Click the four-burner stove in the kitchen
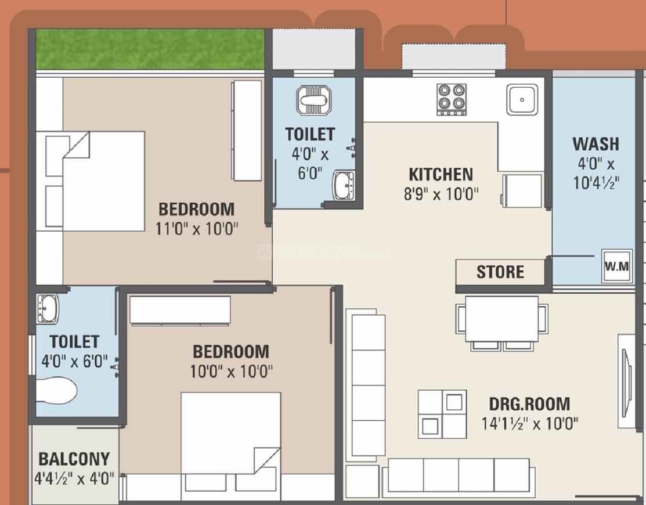[x=452, y=99]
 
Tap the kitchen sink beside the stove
[x=522, y=99]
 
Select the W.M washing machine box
[x=616, y=266]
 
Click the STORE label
[x=500, y=272]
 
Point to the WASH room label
[x=596, y=143]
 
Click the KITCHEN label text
[x=441, y=174]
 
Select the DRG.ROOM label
[x=529, y=403]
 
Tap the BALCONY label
[x=74, y=459]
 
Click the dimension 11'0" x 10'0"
[x=197, y=228]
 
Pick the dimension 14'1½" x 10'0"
[x=529, y=423]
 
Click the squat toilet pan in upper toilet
[x=313, y=100]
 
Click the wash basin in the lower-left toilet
[x=48, y=308]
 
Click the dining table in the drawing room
[x=501, y=319]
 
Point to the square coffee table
[x=442, y=414]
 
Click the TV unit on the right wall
[x=627, y=381]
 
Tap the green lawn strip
[x=150, y=49]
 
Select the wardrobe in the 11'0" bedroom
[x=246, y=131]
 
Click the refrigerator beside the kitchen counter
[x=522, y=190]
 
